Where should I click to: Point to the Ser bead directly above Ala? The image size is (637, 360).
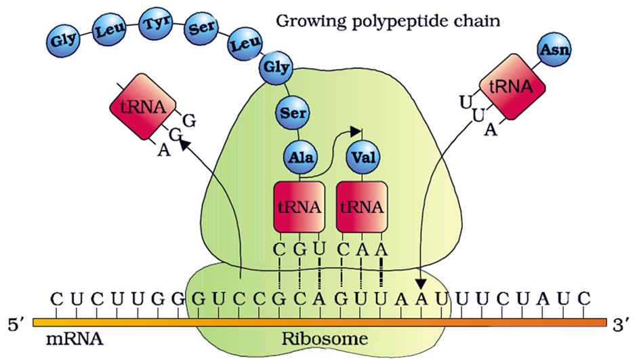292,112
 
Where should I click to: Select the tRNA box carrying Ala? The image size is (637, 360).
298,206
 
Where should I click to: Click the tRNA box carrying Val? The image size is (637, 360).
361,206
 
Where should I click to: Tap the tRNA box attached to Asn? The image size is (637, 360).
512,87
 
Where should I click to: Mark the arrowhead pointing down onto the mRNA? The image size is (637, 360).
422,285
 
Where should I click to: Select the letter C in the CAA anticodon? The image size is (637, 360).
344,249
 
